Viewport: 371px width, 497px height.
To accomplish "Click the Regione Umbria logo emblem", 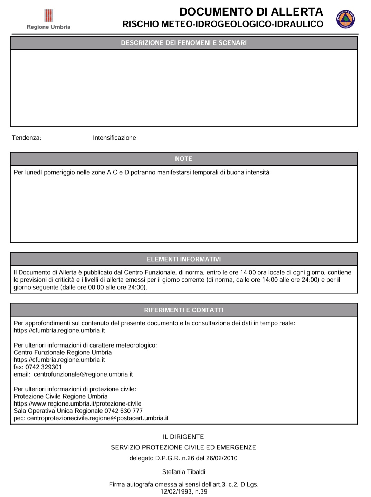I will pos(49,16).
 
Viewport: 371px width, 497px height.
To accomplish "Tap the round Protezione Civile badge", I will pos(345,19).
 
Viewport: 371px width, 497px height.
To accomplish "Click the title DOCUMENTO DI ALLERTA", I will pos(251,12).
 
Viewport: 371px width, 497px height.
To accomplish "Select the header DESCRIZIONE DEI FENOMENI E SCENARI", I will pos(184,43).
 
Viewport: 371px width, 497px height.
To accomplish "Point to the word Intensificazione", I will pos(114,138).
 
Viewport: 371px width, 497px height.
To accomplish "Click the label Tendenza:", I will pos(27,138).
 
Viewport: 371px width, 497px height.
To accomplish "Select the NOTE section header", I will pos(184,159).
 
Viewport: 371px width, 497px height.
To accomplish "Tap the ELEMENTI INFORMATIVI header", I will pos(184,259).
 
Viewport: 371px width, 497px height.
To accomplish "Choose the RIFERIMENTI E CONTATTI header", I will pos(184,310).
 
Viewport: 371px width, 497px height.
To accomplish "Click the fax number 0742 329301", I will pos(44,367).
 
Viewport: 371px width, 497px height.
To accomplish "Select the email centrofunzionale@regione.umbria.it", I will pos(83,374).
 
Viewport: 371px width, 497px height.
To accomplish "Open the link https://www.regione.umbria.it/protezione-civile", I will pos(77,403).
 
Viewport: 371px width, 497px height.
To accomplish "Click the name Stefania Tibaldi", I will pos(184,472).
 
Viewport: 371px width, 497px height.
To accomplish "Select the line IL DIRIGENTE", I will pos(184,437).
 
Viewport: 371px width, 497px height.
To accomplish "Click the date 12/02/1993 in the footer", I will pos(176,491).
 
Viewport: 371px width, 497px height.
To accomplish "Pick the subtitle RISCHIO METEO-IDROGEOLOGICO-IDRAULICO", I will pos(223,24).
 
